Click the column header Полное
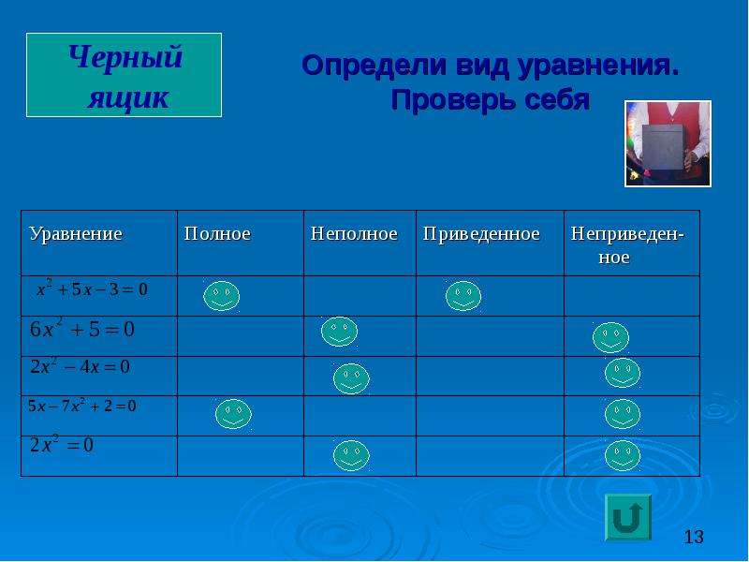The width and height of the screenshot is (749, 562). click(217, 233)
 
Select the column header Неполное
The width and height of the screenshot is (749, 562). click(354, 233)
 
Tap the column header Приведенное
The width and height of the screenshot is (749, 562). click(481, 234)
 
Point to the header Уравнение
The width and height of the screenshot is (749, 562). click(76, 234)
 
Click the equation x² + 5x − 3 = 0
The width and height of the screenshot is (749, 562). click(92, 288)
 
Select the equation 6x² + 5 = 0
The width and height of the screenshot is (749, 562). click(82, 329)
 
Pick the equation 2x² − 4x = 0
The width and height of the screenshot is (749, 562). click(80, 366)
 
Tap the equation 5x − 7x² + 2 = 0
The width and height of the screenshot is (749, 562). click(81, 406)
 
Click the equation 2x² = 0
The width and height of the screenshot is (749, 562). click(62, 444)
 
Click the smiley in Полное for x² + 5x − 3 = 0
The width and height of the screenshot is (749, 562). click(221, 296)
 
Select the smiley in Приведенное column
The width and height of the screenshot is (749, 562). click(463, 296)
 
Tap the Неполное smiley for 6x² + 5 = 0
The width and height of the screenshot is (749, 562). click(339, 332)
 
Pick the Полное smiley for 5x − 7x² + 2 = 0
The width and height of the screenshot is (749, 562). click(233, 414)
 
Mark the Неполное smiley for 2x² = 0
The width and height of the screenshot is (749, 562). click(351, 455)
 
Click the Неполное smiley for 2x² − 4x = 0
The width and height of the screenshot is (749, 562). click(351, 378)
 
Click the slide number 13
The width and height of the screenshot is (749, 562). click(694, 537)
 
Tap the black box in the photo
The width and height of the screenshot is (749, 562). click(663, 149)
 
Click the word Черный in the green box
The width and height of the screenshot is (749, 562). click(125, 57)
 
